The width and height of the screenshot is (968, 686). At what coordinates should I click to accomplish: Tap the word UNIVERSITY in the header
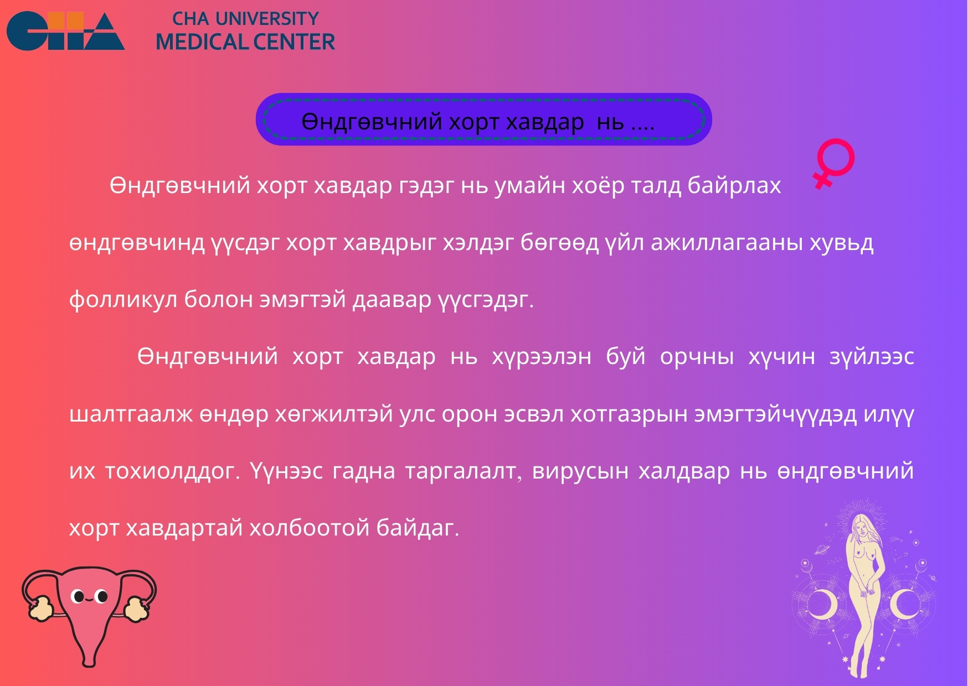267,19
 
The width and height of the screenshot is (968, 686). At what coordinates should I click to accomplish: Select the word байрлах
734,186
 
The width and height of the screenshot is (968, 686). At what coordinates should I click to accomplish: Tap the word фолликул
122,299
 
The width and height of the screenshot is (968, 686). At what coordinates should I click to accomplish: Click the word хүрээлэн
542,357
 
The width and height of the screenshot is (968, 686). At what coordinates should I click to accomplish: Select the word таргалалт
464,471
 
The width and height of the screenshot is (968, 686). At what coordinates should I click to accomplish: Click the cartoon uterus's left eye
79,596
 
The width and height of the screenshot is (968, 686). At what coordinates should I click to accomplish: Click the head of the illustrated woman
861,526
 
